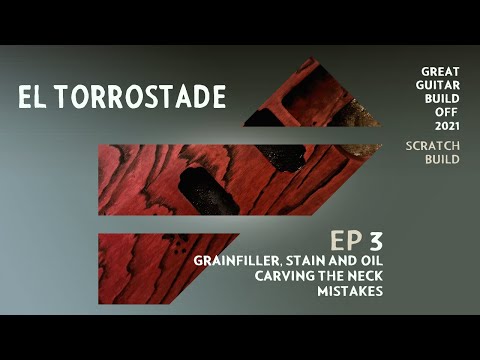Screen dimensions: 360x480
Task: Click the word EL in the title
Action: (33, 97)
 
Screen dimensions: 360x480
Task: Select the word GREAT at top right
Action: (441, 73)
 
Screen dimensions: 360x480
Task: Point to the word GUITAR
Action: (439, 86)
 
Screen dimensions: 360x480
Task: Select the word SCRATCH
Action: (433, 145)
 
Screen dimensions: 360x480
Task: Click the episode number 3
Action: (375, 240)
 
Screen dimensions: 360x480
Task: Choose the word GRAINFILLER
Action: (238, 260)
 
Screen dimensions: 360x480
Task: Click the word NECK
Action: (364, 276)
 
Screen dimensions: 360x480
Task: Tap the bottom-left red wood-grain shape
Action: (150, 265)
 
